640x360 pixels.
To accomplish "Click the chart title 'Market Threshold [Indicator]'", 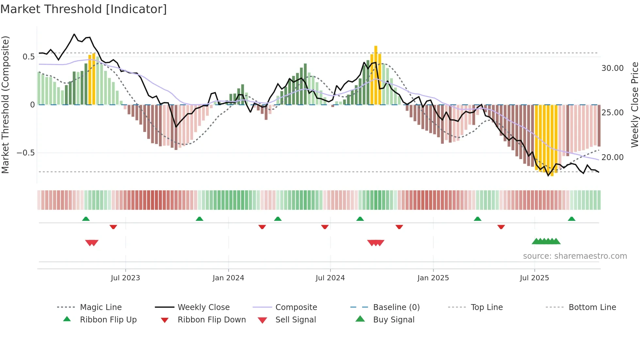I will (x=84, y=9).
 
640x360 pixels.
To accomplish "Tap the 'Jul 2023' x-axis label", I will (x=125, y=278).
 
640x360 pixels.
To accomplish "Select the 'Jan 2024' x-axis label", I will (x=228, y=278).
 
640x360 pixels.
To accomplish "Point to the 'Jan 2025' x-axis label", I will (x=433, y=278).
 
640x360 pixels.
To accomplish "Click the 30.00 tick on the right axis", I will (x=613, y=68).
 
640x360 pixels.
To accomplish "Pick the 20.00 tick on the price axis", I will (x=613, y=157).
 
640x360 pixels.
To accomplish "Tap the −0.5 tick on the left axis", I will (x=26, y=153).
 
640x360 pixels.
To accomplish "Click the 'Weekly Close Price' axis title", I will (x=634, y=105).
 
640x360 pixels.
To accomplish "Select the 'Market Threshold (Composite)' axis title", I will (x=5, y=105).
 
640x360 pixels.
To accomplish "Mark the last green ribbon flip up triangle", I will (x=571, y=219).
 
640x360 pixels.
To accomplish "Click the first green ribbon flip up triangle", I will (x=86, y=219).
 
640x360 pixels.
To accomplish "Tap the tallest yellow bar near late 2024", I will (x=376, y=75).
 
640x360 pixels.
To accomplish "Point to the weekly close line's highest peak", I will (x=74, y=34).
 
